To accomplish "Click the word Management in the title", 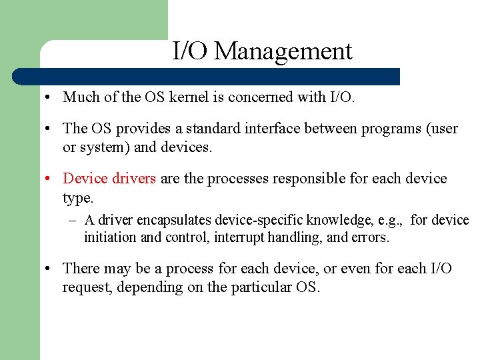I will (283, 51).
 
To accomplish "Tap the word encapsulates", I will (173, 221).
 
